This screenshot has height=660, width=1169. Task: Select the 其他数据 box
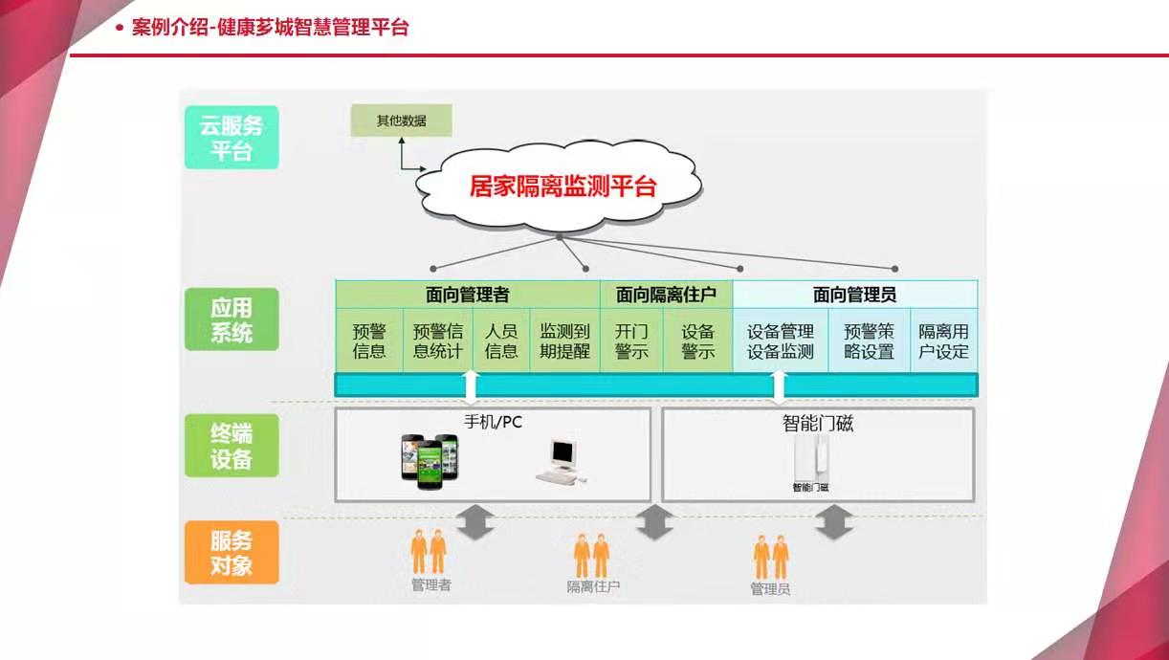tap(401, 121)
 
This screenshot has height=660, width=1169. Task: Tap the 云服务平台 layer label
tap(232, 138)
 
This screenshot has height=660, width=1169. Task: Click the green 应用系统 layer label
tap(232, 319)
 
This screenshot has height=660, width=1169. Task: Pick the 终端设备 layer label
tap(232, 446)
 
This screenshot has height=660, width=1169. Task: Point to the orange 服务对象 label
tap(232, 553)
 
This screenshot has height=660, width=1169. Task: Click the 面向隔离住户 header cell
tap(666, 295)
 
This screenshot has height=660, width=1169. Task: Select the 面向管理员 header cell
tap(854, 295)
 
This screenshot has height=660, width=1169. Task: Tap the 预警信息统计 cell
tap(438, 341)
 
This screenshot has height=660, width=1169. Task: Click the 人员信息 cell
tap(501, 341)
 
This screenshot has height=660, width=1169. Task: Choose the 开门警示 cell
tap(631, 341)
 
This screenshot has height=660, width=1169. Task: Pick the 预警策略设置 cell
tap(869, 341)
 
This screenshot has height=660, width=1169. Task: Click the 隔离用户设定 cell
tap(943, 341)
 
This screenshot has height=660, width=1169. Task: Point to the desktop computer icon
tap(562, 462)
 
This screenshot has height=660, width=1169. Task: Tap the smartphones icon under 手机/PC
tap(430, 461)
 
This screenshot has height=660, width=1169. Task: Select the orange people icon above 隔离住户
tap(591, 556)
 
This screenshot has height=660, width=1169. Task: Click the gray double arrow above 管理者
tap(475, 522)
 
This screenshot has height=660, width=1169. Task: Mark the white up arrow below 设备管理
tap(779, 385)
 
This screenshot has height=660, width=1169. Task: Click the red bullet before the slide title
tap(120, 28)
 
